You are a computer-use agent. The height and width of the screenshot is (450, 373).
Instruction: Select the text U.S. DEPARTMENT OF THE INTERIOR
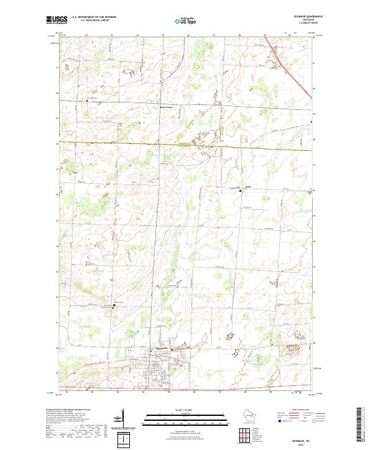pyautogui.click(x=94, y=17)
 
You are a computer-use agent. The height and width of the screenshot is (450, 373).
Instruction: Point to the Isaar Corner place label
pyautogui.click(x=160, y=107)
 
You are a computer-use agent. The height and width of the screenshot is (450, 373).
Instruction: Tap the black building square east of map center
pyautogui.click(x=241, y=191)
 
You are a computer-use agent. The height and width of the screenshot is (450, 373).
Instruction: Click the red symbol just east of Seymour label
pyautogui.click(x=172, y=349)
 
